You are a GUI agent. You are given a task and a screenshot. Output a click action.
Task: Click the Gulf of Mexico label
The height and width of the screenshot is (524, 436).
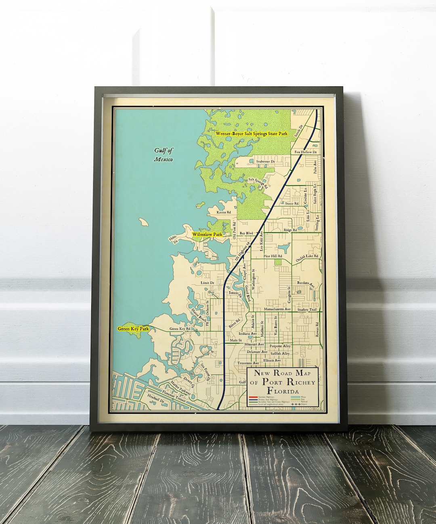(163, 155)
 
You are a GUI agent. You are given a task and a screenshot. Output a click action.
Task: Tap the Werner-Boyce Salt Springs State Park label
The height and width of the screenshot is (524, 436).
(251, 133)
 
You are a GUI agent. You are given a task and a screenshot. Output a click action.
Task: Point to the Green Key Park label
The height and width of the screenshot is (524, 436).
(133, 329)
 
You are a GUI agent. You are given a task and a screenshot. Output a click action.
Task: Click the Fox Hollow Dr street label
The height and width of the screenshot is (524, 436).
(306, 152)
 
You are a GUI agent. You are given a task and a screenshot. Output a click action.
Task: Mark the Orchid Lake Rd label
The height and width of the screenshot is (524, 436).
(307, 256)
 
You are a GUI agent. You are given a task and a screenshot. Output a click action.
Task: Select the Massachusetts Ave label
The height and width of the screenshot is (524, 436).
(277, 309)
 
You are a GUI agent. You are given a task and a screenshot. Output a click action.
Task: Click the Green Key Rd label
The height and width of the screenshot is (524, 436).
(180, 329)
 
